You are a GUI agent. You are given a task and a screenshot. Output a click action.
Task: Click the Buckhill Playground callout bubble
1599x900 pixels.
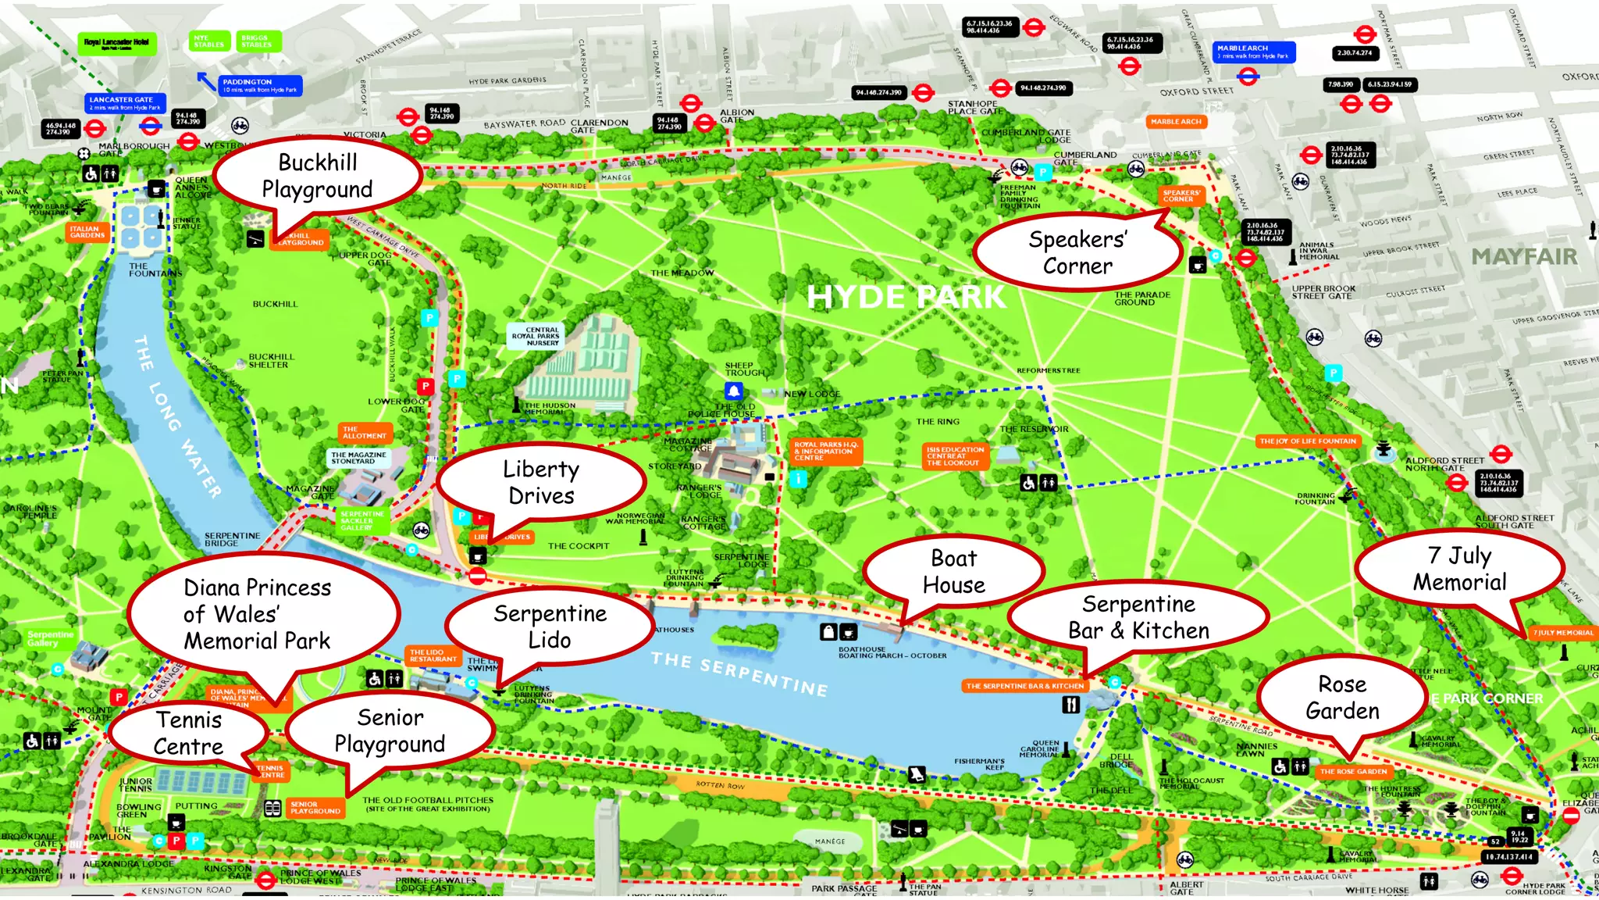point(317,176)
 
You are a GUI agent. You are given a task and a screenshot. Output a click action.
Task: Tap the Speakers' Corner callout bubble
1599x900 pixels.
point(1077,252)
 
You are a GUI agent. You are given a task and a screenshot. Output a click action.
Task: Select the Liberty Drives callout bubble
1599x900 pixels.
point(541,482)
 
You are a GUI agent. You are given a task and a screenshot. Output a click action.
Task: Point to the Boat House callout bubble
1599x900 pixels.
point(953,571)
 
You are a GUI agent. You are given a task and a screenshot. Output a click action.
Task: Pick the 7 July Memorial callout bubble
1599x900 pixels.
point(1459,569)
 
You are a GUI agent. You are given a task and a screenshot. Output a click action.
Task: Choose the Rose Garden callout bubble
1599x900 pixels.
point(1342,697)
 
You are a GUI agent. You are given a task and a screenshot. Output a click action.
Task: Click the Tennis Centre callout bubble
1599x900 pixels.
point(188,733)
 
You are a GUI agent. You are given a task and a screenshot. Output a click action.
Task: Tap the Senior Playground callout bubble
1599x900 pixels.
point(390,730)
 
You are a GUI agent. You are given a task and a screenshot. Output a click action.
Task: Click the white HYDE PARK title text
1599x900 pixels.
point(906,297)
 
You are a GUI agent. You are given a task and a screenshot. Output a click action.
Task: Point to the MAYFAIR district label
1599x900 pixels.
point(1523,256)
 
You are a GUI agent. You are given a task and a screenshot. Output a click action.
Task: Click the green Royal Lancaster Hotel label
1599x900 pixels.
point(116,44)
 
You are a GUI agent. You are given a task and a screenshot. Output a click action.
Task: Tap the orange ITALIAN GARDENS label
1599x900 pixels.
point(87,232)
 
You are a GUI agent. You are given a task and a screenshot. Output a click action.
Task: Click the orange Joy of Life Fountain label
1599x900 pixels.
point(1308,441)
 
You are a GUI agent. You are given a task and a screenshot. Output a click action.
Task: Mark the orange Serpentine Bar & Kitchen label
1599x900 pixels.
point(1024,686)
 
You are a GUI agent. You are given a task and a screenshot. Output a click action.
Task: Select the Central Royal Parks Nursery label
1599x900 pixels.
point(542,336)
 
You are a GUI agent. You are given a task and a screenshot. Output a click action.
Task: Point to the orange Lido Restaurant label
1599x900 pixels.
point(433,655)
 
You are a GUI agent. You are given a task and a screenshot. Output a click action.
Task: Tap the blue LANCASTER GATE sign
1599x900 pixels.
point(124,103)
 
